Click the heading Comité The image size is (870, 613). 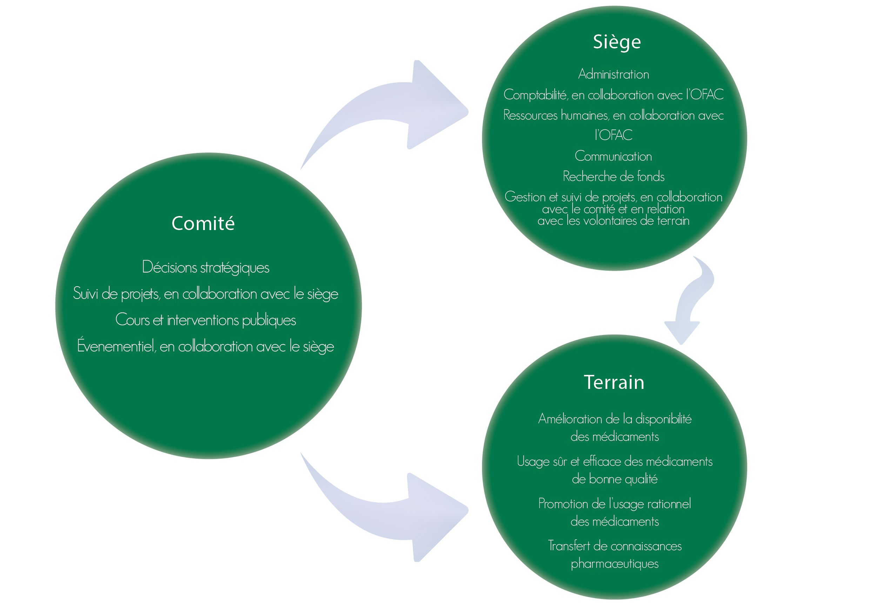(203, 223)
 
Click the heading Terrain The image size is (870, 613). (614, 382)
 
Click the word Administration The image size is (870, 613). (614, 74)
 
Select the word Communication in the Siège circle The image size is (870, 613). (614, 156)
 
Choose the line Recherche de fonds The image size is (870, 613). (614, 176)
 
